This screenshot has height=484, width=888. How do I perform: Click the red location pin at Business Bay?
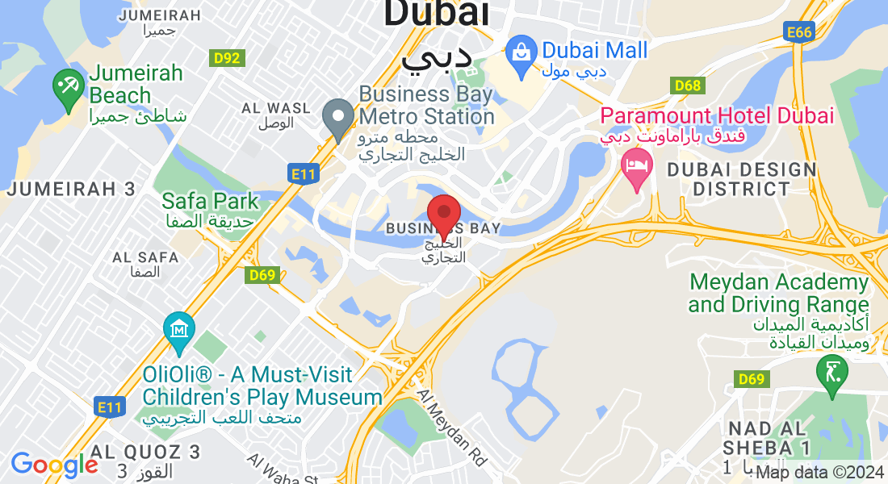pyautogui.click(x=443, y=215)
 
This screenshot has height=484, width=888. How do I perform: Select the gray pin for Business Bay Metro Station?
pyautogui.click(x=337, y=118)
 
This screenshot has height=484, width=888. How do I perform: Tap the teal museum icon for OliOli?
pyautogui.click(x=178, y=330)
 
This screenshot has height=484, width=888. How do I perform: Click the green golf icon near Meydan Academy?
pyautogui.click(x=831, y=373)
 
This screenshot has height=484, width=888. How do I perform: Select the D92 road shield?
pyautogui.click(x=227, y=58)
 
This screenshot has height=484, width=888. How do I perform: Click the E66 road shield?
pyautogui.click(x=798, y=31)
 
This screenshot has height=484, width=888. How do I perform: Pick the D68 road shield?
pyautogui.click(x=687, y=86)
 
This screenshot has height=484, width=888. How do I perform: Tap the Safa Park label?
pyautogui.click(x=210, y=200)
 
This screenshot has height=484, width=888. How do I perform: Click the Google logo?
pyautogui.click(x=54, y=464)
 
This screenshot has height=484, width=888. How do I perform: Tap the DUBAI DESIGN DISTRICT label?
pyautogui.click(x=742, y=179)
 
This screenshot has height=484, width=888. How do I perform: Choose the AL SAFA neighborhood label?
pyautogui.click(x=145, y=257)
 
